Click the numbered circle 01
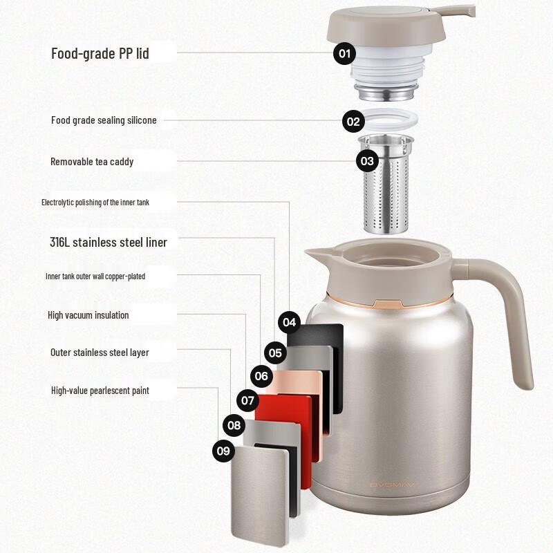(x=344, y=53)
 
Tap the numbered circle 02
(x=353, y=122)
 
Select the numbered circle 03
(x=367, y=162)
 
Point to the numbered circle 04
(x=289, y=322)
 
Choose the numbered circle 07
(x=247, y=400)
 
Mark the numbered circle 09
(x=223, y=451)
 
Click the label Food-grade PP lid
(x=100, y=53)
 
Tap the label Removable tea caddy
(x=92, y=162)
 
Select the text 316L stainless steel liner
(x=109, y=242)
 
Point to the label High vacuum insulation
(x=88, y=315)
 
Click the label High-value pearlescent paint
(x=100, y=391)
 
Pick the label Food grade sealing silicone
(x=104, y=120)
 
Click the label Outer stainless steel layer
(x=100, y=353)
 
